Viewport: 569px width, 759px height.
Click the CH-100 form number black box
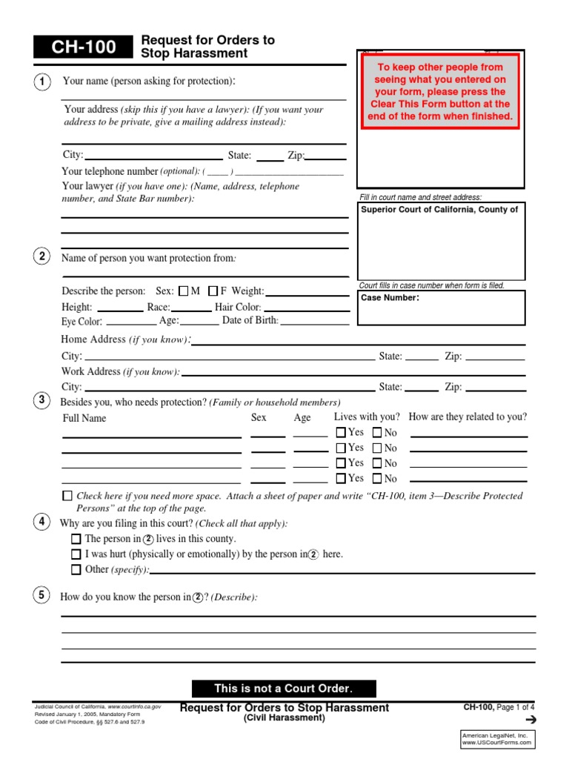tap(83, 47)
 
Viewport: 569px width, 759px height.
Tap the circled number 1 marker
tap(42, 82)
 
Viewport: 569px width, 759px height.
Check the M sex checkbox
tap(184, 291)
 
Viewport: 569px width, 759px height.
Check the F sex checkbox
tap(213, 291)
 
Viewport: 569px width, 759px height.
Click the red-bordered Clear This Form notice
tap(440, 92)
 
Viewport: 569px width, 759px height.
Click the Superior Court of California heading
tap(439, 210)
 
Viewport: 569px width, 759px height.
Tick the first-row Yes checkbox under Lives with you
tap(341, 432)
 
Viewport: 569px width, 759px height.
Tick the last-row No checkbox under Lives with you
tap(377, 479)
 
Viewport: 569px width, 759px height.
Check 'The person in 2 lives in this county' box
tap(76, 539)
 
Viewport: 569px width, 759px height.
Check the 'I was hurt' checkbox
tap(76, 554)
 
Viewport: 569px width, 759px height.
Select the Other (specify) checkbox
tap(76, 570)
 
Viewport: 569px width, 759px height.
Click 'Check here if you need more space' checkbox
tap(67, 496)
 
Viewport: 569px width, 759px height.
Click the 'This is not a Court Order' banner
tap(284, 689)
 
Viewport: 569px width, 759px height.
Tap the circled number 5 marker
tap(42, 596)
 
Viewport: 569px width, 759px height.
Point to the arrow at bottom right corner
tap(530, 720)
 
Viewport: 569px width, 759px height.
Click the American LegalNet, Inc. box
tap(497, 738)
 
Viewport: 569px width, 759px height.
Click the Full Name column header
tap(84, 418)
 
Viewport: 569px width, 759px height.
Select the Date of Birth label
tap(250, 321)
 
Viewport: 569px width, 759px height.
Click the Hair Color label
tap(237, 307)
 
